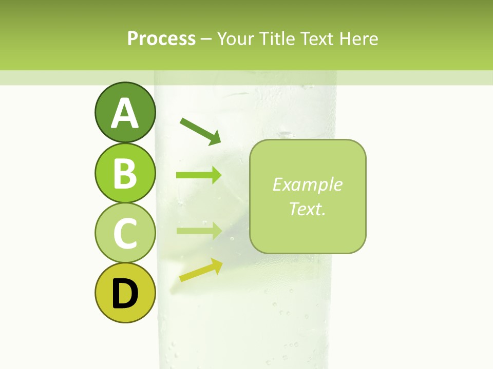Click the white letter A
tap(125, 114)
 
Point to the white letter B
tap(125, 173)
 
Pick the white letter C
tap(125, 233)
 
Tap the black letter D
tap(125, 293)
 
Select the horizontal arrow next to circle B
tap(199, 175)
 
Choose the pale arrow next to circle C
tap(199, 231)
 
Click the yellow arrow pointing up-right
tap(201, 270)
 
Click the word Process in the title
tap(161, 39)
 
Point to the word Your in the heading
tap(236, 39)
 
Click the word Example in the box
tap(308, 184)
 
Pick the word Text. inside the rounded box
tap(308, 209)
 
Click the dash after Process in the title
tap(206, 39)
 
